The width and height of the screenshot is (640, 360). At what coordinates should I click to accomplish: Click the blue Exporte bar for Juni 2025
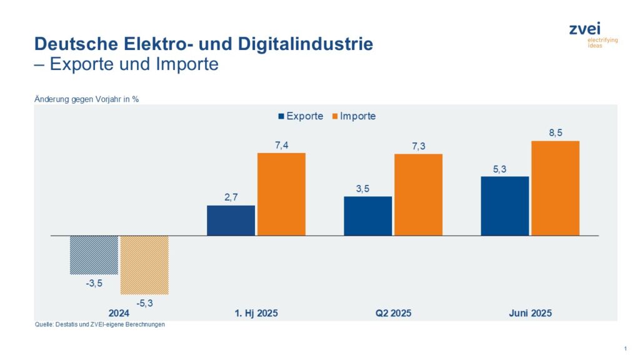[x=504, y=206]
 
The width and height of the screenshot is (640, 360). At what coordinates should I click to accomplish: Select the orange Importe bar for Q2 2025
[x=418, y=194]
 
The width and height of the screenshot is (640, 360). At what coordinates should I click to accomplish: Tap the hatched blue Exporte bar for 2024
[x=94, y=255]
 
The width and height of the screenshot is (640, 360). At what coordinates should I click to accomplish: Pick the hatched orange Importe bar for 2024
[x=144, y=265]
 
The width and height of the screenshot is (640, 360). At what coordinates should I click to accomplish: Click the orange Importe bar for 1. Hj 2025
[x=281, y=194]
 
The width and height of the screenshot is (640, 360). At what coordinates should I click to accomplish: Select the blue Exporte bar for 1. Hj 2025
[x=231, y=220]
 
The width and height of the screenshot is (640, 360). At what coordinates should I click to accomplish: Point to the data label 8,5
[x=555, y=132]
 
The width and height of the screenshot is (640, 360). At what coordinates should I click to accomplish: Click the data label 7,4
[x=281, y=144]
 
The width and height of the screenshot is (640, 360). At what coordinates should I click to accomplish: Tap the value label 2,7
[x=231, y=197]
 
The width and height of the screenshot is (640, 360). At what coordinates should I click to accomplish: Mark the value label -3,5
[x=94, y=283]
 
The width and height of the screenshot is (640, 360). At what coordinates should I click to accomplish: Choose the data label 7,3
[x=418, y=146]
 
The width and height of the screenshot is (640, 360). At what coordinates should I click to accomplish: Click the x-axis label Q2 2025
[x=393, y=313]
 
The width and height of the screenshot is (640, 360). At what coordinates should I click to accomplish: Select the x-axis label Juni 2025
[x=530, y=313]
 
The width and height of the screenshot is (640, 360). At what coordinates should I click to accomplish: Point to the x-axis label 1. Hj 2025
[x=256, y=313]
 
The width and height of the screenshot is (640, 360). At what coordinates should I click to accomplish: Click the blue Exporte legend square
[x=281, y=116]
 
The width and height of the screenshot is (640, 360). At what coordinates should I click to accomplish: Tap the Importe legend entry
[x=357, y=116]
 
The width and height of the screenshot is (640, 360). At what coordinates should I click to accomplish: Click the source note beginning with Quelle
[x=100, y=325]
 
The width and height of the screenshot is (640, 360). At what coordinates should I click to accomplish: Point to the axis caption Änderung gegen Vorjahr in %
[x=86, y=99]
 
